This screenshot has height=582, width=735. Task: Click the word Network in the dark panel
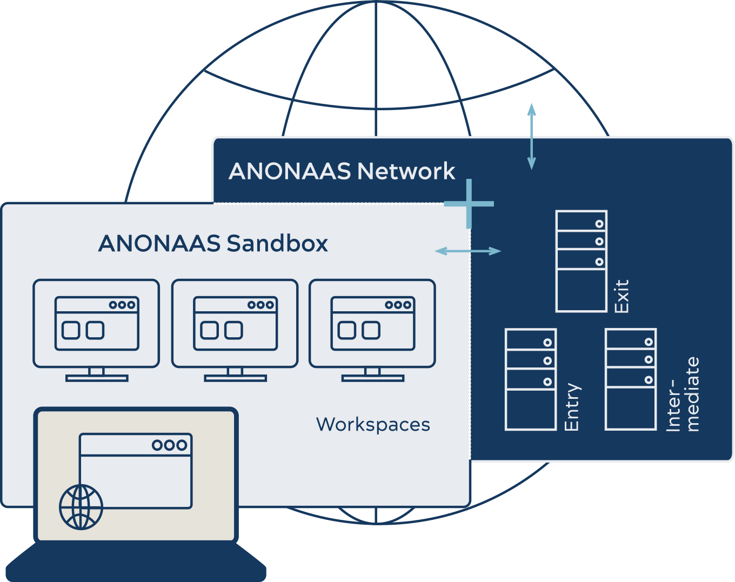coord(406,171)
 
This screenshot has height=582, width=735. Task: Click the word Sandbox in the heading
coord(277,244)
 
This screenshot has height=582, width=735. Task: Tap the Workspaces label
coord(373,425)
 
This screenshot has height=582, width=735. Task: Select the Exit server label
coord(622,296)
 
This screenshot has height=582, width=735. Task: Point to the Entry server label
coord(572,406)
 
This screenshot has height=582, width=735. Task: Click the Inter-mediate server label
coord(683,394)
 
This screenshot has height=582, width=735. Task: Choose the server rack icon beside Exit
coord(582,262)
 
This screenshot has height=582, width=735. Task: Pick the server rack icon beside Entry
coord(531,379)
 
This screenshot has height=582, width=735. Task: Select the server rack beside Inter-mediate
coord(631,379)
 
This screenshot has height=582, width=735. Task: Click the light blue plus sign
coord(469,204)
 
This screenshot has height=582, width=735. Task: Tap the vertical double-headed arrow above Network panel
coord(531,137)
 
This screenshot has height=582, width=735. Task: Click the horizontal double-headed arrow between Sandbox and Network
coord(468,251)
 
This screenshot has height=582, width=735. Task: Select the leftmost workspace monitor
coord(96,331)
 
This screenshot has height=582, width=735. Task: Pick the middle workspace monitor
coord(235,331)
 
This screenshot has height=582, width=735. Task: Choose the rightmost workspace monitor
coord(372,331)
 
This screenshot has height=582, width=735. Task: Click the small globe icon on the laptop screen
coord(81,507)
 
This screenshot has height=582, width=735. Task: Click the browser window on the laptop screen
coord(136,471)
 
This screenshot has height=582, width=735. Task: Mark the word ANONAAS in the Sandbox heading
coord(159,244)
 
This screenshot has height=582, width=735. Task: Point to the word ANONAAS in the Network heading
coord(290,171)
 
